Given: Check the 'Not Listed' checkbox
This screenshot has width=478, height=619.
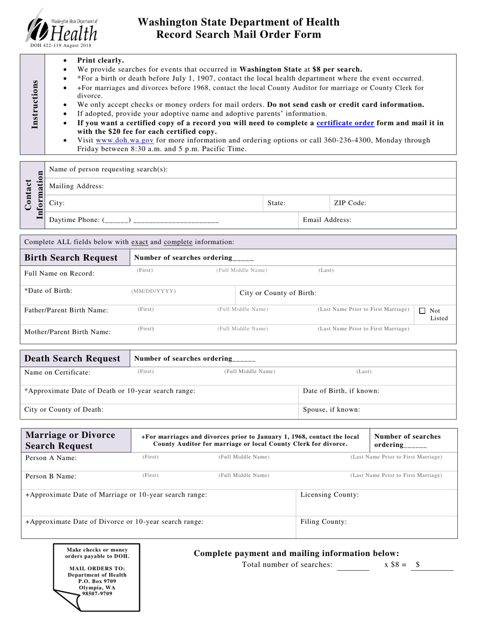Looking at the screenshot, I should point(423,311).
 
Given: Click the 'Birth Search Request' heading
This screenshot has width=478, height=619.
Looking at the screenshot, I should point(71,258).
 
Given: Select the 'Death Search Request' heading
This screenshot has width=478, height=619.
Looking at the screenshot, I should point(72,358).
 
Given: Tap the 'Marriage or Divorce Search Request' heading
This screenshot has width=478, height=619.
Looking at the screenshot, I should point(70,440).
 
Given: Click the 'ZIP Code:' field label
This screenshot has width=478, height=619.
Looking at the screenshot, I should point(350,203).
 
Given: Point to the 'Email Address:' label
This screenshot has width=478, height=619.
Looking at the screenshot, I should point(327,220).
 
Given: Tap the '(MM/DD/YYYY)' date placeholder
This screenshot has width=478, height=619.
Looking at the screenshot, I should point(154,291).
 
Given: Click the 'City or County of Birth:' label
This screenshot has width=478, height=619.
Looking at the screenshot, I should point(278,293).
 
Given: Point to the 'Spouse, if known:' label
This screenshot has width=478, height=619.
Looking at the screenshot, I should point(331,410).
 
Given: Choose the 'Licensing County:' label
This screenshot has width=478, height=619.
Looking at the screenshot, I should point(330,495).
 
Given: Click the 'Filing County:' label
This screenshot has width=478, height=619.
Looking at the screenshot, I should point(324,522).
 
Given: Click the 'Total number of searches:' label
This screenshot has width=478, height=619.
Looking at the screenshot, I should point(287,565).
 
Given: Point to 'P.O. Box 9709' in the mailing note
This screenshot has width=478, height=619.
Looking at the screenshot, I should point(97,581).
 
